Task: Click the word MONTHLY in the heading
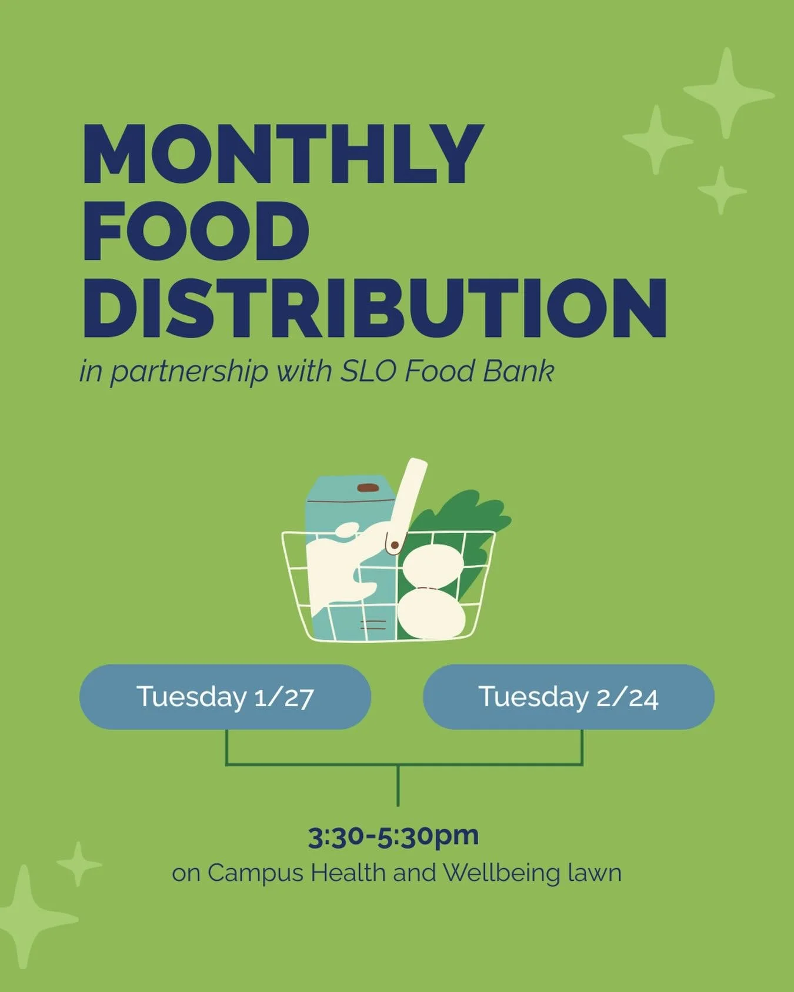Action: click(282, 154)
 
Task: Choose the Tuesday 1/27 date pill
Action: click(225, 697)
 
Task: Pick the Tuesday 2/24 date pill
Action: click(568, 697)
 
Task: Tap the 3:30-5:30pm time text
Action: click(393, 836)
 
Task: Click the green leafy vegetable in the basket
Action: click(471, 517)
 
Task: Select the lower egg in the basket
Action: click(431, 615)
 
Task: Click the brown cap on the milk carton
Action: click(368, 487)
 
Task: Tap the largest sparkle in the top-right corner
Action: click(728, 93)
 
